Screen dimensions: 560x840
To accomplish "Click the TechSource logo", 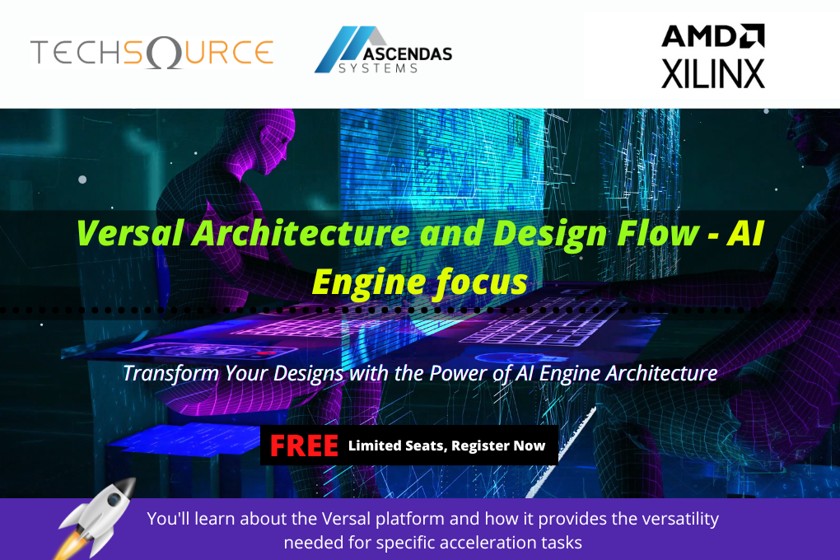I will click(x=152, y=53).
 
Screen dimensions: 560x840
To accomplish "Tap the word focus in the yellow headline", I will click(x=481, y=282).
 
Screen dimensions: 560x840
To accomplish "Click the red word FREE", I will click(x=304, y=446).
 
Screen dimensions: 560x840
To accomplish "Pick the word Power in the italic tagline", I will click(x=460, y=373).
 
